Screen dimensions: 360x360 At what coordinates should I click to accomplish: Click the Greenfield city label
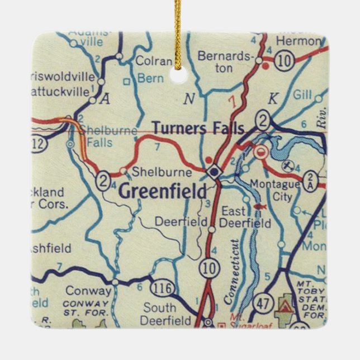tap(163, 191)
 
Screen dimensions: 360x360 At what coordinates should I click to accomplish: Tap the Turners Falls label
tap(198, 129)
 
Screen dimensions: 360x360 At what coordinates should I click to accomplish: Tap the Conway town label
tap(88, 291)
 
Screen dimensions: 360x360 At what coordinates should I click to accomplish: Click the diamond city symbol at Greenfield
tap(213, 171)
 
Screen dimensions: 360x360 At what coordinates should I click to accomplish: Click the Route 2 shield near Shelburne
tap(102, 179)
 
